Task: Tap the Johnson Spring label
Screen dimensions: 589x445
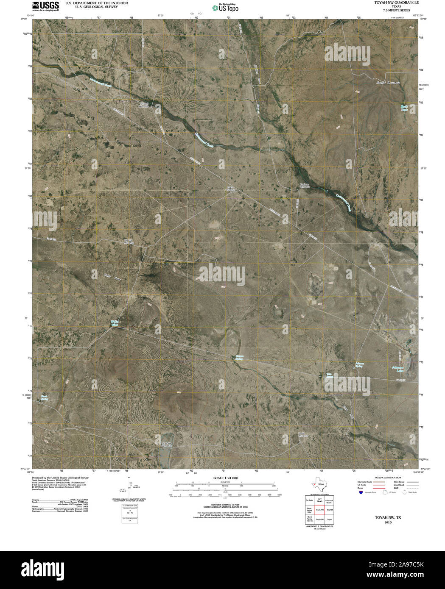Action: click(359, 364)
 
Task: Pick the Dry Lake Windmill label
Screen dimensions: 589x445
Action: click(168, 445)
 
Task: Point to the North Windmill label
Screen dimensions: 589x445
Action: click(302, 434)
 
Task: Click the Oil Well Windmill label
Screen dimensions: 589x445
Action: click(145, 104)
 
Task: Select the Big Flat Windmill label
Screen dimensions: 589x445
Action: click(129, 242)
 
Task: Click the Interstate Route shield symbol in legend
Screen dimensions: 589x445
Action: click(361, 492)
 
